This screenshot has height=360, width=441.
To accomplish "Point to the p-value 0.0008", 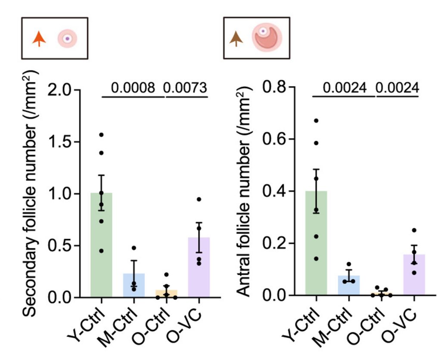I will tap(133, 88).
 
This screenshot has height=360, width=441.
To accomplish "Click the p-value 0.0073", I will tap(186, 88).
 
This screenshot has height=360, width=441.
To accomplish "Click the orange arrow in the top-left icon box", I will tap(39, 39).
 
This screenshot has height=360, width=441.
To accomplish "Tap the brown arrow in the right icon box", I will tap(236, 39).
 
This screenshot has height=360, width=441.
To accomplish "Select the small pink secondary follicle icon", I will tap(67, 39).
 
